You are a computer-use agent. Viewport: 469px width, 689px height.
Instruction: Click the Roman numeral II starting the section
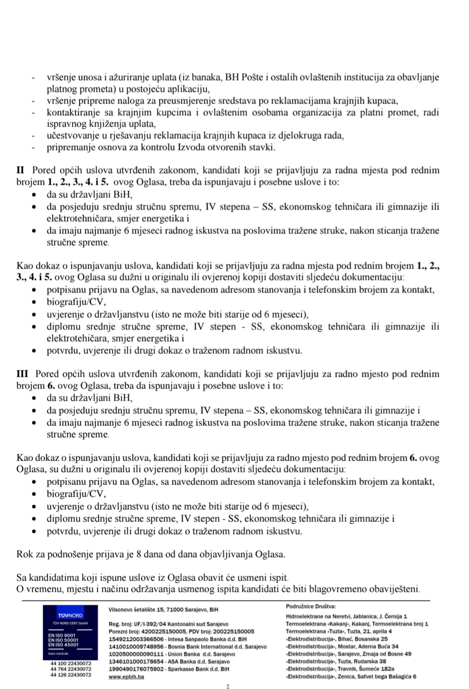point(20,170)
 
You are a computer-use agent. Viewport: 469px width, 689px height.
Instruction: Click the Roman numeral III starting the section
point(22,374)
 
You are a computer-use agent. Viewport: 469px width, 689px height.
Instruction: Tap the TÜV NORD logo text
point(70,615)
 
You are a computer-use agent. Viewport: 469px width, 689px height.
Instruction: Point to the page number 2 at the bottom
point(228,686)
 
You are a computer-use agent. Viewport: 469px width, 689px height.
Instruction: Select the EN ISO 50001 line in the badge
point(63,640)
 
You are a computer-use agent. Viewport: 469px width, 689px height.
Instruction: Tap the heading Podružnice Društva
point(310,606)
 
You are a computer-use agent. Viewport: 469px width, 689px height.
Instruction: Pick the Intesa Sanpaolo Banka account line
point(178,639)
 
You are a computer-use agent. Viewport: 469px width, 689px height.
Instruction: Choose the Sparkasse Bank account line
point(169,669)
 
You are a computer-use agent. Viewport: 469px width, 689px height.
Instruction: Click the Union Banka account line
point(172,654)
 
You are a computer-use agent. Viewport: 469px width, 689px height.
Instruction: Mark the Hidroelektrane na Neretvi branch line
point(346,616)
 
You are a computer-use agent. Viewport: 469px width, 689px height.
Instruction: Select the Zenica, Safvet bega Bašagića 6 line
point(351,676)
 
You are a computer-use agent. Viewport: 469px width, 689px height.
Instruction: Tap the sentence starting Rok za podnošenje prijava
point(151,554)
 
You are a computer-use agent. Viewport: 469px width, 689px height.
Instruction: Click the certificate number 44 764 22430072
point(71,669)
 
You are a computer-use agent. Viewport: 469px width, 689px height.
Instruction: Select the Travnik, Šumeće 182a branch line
point(340,669)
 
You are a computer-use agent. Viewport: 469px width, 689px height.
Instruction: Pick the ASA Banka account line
point(169,661)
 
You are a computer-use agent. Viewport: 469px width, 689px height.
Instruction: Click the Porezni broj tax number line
point(181,631)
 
